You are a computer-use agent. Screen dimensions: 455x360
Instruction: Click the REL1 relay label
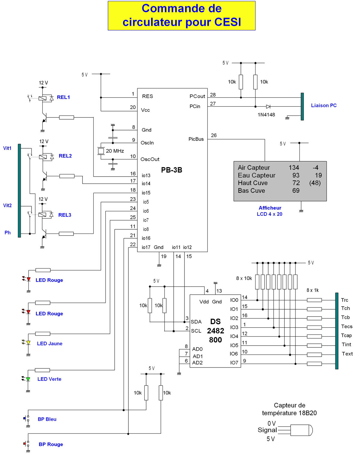[x=63, y=97]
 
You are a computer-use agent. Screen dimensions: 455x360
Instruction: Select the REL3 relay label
[x=64, y=215]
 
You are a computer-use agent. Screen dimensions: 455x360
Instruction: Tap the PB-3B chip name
[x=172, y=170]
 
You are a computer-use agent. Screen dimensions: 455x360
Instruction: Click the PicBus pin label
[x=196, y=139]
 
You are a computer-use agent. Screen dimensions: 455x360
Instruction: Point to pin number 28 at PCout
[x=213, y=95]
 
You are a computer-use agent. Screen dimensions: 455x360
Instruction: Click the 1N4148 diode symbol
[x=268, y=106]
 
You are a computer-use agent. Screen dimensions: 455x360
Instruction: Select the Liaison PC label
[x=324, y=105]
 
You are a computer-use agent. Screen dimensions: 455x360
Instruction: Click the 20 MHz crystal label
[x=115, y=151]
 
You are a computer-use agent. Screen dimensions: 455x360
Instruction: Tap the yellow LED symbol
[x=28, y=342]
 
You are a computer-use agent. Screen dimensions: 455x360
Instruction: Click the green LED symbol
[x=28, y=379]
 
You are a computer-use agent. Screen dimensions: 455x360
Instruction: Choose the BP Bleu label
[x=47, y=419]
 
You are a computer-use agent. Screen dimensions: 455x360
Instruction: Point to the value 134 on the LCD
[x=294, y=168]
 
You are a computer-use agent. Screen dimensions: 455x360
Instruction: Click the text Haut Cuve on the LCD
[x=253, y=183]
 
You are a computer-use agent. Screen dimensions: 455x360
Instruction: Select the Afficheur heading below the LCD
[x=270, y=208]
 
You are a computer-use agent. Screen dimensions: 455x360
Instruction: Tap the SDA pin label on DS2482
[x=196, y=322]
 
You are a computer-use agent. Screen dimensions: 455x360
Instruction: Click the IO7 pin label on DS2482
[x=234, y=363]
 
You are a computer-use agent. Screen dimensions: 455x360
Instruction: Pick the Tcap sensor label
[x=346, y=335]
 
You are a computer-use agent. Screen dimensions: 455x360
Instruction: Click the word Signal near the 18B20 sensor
[x=267, y=430]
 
